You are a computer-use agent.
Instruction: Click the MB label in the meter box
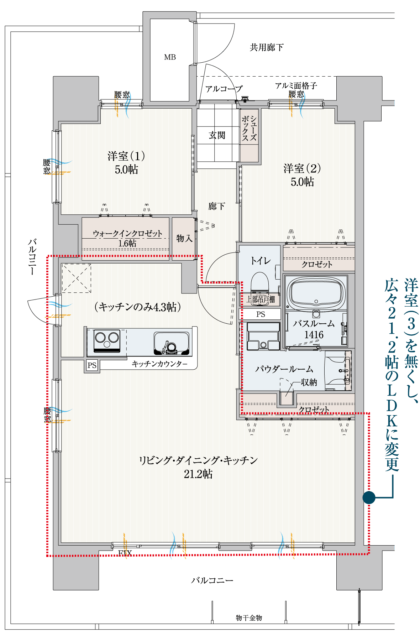170,57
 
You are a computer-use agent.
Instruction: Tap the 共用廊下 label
267,47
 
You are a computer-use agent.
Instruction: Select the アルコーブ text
224,89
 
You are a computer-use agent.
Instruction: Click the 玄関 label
217,135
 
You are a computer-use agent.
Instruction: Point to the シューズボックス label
249,128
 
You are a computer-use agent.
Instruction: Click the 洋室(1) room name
126,156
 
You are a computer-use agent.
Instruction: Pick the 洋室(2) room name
302,168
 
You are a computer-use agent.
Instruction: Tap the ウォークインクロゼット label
127,234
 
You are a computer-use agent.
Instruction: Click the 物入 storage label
184,238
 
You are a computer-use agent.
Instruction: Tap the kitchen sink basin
171,343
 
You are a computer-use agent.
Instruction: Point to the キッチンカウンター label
159,364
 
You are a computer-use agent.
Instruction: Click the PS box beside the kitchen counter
92,365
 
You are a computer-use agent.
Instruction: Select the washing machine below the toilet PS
263,336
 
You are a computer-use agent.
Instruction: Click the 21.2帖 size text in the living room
198,474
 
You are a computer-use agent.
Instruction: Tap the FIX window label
125,553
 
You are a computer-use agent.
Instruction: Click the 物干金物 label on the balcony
249,618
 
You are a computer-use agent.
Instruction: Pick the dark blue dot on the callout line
369,497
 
